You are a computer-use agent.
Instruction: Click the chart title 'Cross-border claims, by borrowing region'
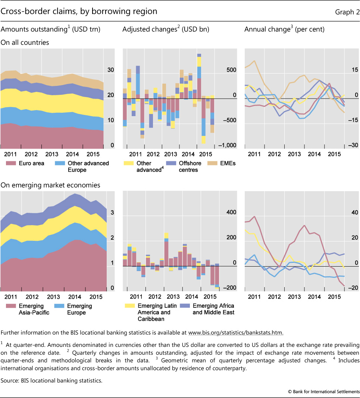tap(79, 12)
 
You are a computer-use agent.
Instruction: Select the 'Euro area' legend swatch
tap(10, 163)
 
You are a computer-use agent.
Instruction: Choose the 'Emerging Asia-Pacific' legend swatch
tap(10, 306)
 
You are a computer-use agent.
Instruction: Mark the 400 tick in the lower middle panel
tap(232, 212)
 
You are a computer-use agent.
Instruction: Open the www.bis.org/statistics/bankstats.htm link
tap(235, 333)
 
